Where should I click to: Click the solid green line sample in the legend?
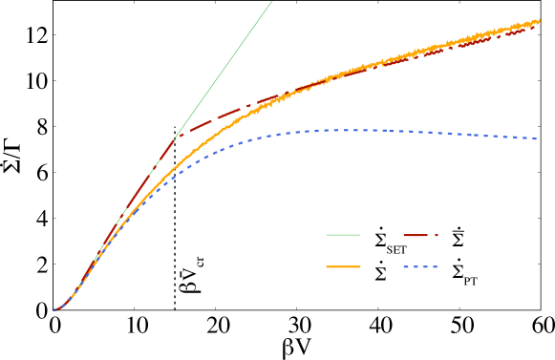(x=343, y=234)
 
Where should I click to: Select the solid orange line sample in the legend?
(x=343, y=266)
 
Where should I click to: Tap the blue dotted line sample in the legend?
(x=420, y=266)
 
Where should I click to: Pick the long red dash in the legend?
(x=416, y=234)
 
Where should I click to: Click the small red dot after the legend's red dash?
(x=436, y=234)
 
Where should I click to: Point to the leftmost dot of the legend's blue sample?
(x=405, y=266)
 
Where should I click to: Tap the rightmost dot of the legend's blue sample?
(x=436, y=266)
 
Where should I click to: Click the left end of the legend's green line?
(x=327, y=234)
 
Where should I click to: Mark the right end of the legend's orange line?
(x=360, y=266)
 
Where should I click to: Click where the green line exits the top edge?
(x=272, y=2)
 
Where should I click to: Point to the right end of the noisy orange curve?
(x=541, y=20)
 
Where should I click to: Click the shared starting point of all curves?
(x=54, y=309)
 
